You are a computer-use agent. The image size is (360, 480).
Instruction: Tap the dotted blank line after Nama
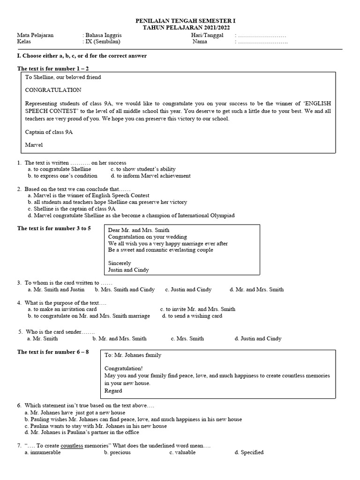pos(261,42)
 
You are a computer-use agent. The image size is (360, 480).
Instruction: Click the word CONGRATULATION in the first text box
pos(53,90)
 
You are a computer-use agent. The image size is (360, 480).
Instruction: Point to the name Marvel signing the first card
pos(33,145)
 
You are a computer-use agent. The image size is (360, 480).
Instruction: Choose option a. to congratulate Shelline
pos(58,169)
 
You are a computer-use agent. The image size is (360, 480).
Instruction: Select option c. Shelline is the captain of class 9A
pos(71,209)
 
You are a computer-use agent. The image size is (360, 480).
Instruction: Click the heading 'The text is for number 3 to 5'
pos(54,228)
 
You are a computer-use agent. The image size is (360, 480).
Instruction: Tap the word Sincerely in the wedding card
pos(120,263)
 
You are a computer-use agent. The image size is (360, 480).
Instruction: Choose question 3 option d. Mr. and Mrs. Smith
pos(256,289)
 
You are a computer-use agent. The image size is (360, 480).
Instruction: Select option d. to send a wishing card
pos(192,316)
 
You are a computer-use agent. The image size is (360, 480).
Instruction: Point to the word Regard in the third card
pos(113,390)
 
